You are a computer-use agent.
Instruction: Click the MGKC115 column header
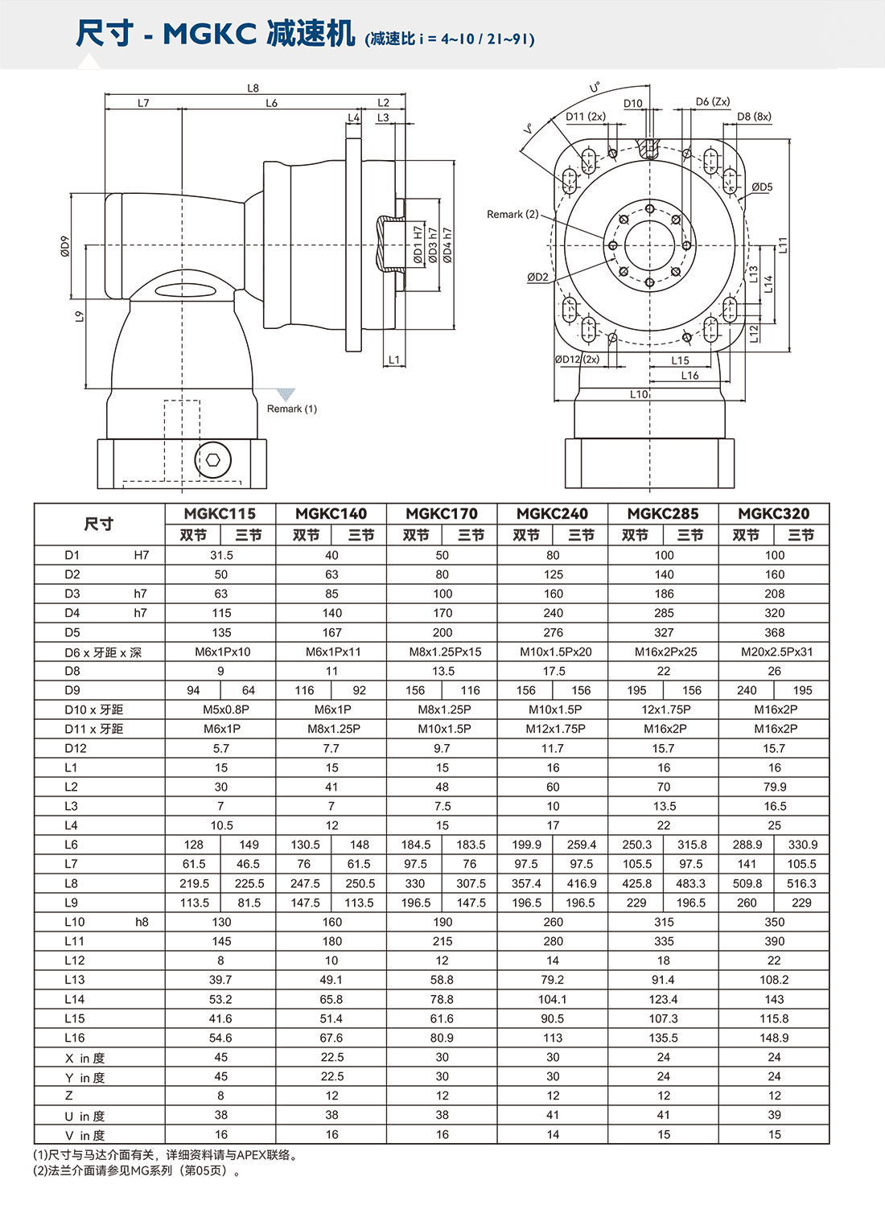[x=220, y=513]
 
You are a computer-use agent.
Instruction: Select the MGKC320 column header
[x=773, y=513]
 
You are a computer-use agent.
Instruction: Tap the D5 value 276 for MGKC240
[x=553, y=632]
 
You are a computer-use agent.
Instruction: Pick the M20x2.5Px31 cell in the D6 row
[x=773, y=652]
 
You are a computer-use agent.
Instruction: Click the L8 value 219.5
[x=194, y=883]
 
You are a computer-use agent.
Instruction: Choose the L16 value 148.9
[x=773, y=1038]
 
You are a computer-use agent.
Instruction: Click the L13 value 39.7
[x=220, y=980]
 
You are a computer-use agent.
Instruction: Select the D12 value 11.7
[x=553, y=748]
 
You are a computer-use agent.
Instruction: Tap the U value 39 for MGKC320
[x=773, y=1115]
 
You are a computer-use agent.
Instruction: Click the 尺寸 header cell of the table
[x=99, y=524]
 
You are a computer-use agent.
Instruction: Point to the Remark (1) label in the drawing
[x=291, y=409]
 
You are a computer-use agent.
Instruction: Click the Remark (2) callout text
[x=512, y=214]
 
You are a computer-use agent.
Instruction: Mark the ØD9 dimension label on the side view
[x=65, y=246]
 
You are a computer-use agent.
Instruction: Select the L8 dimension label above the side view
[x=253, y=88]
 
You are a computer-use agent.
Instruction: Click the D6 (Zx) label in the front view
[x=712, y=102]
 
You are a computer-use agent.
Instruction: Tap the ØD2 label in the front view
[x=537, y=278]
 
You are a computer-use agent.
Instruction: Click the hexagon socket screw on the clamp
[x=213, y=460]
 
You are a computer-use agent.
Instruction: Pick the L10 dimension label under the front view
[x=639, y=394]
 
